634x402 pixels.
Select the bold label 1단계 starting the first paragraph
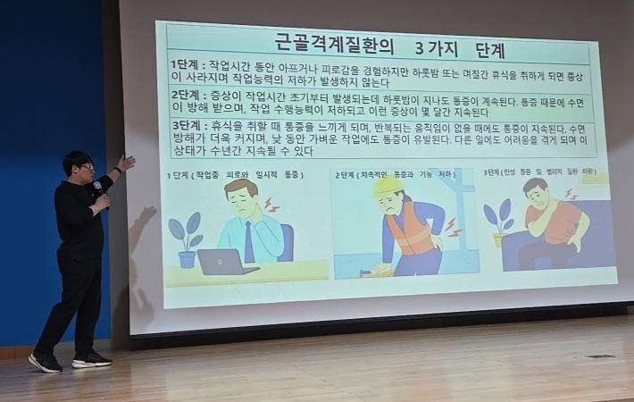186,65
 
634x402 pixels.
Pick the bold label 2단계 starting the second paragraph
186,94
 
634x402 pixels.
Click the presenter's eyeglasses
86,166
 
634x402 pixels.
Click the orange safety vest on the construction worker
412,230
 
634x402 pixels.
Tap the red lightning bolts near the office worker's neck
270,206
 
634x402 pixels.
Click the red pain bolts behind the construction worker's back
453,227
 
